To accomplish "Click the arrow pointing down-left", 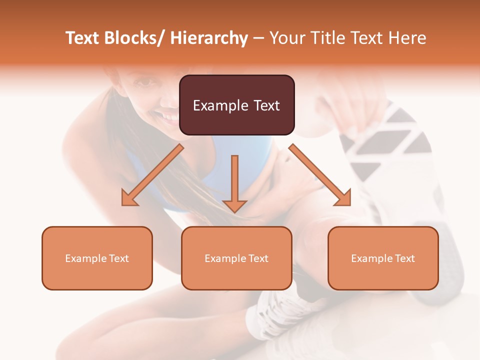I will click(x=152, y=175).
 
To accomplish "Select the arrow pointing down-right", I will click(x=320, y=175).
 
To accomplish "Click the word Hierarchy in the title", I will click(x=209, y=38).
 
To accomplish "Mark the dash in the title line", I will click(x=258, y=38).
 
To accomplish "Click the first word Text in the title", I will click(x=83, y=38).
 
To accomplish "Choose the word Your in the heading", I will click(x=287, y=38).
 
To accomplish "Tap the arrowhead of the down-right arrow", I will click(x=342, y=198).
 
